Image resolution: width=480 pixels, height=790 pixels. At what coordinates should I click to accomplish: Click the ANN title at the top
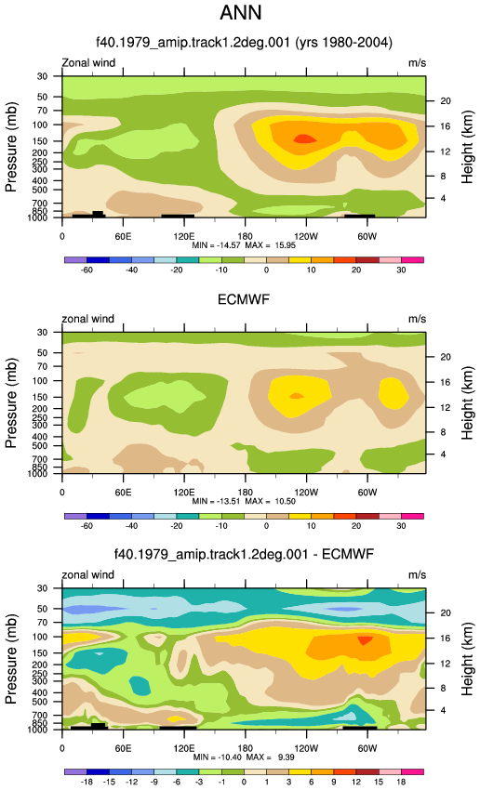(x=241, y=12)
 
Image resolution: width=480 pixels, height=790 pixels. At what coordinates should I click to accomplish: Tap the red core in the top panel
(x=304, y=139)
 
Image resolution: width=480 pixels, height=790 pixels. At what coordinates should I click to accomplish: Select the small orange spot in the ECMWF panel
(x=297, y=396)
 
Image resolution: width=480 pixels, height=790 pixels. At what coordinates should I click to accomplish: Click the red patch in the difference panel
(x=365, y=640)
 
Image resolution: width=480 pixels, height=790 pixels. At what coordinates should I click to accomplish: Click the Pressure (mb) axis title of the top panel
(x=11, y=147)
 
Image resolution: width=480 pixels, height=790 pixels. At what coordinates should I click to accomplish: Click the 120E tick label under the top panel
(x=184, y=237)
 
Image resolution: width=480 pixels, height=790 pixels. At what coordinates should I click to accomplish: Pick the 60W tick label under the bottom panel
(x=367, y=749)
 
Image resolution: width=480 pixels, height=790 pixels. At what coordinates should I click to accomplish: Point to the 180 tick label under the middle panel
(x=245, y=493)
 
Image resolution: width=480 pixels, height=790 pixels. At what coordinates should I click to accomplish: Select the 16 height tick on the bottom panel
(x=445, y=638)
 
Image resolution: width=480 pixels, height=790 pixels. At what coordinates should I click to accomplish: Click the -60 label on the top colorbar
(x=87, y=270)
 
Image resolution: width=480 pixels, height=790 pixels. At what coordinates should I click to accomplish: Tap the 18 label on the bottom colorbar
(x=401, y=782)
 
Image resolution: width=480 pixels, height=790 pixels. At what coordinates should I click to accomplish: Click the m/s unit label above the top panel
(x=417, y=63)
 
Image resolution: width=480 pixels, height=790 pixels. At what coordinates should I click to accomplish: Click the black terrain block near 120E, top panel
(x=178, y=217)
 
